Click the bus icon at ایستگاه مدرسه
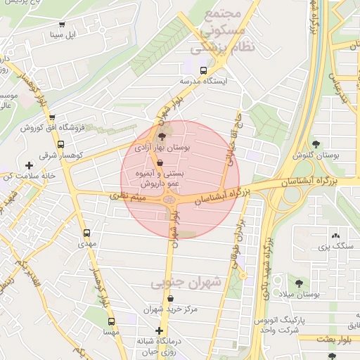203,70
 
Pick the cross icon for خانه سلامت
29,165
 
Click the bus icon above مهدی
86,233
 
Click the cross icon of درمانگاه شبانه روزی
160,330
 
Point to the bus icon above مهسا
111,321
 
